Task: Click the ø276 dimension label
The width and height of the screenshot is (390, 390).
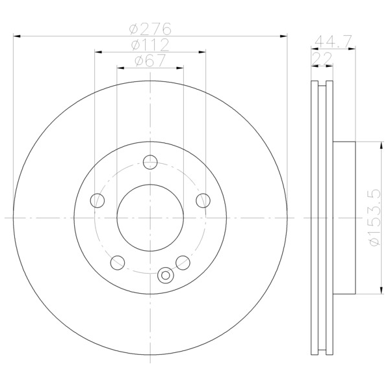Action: point(150,29)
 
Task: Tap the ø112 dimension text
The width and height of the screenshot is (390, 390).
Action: point(150,45)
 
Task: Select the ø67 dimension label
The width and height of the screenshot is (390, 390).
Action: point(150,60)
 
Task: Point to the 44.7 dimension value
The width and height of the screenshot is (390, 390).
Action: point(333,42)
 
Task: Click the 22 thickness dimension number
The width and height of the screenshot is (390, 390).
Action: point(322,58)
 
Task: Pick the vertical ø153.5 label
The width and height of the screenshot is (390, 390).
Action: point(375,217)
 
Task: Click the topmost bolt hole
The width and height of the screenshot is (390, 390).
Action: point(150,162)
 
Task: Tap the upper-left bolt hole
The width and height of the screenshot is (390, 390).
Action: point(97,200)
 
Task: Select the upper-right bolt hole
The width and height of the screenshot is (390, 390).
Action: point(203,200)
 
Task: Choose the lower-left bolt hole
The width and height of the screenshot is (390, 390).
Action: point(118,263)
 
